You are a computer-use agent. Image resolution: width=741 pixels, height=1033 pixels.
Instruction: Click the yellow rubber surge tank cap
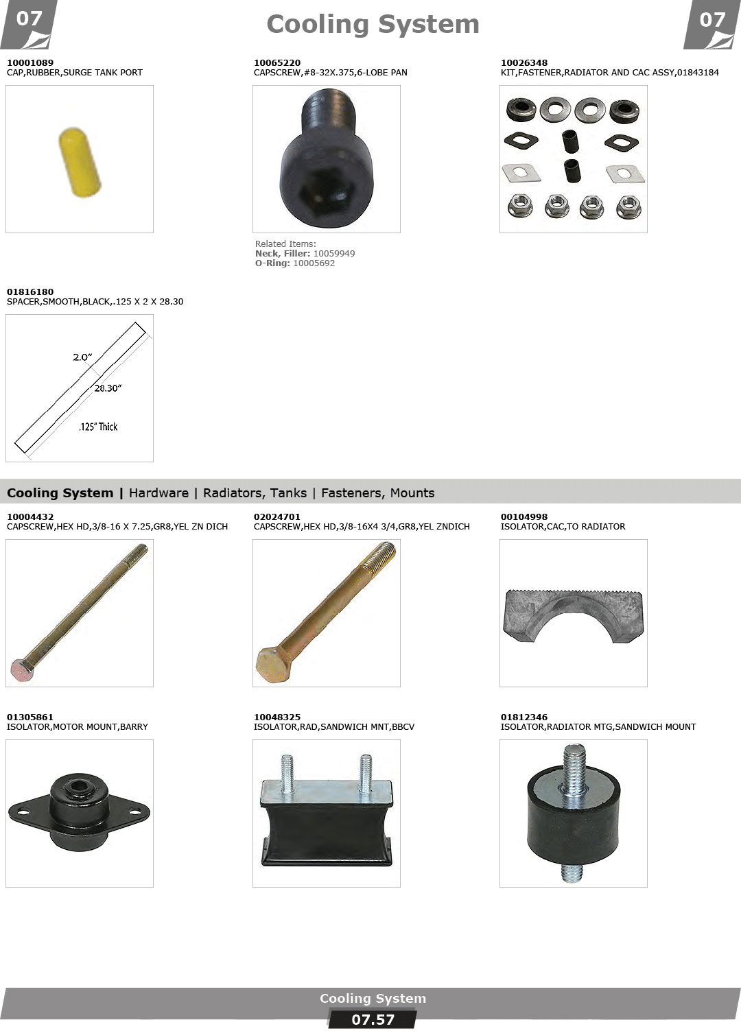[x=80, y=163]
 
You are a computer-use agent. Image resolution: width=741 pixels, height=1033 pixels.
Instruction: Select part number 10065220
[x=277, y=62]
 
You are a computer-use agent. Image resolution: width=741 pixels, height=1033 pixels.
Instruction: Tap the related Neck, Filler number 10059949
[x=334, y=254]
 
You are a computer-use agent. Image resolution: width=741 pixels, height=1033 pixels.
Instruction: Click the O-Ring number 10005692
[x=314, y=263]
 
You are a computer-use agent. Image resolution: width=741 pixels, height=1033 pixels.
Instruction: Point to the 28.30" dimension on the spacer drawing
[x=108, y=388]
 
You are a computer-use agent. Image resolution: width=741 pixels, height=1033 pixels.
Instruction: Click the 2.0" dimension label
[x=82, y=357]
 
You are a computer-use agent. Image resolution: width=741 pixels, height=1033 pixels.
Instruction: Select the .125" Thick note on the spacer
[x=98, y=427]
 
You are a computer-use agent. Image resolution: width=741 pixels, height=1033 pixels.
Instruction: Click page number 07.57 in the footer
[x=373, y=1020]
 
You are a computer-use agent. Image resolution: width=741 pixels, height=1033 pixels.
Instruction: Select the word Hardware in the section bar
[x=158, y=493]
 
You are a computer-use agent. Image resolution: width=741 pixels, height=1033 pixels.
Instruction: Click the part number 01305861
[x=30, y=717]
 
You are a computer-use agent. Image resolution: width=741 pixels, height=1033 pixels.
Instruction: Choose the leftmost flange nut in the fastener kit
[x=520, y=206]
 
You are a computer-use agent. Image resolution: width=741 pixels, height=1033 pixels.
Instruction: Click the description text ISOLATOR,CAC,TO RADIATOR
[x=563, y=527]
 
